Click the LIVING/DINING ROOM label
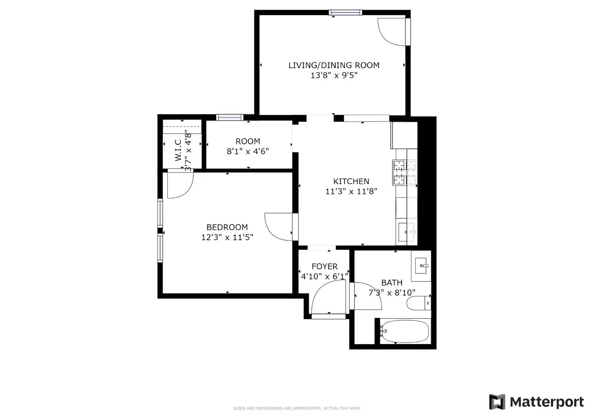[x=334, y=65]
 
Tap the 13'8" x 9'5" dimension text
[x=334, y=76]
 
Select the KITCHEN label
[x=351, y=181]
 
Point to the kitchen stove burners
[x=405, y=173]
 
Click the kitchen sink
[x=407, y=232]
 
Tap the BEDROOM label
[x=227, y=227]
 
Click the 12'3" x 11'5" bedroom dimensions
[x=227, y=237]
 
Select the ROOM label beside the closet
[x=248, y=141]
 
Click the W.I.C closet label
[x=178, y=150]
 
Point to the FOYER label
[x=324, y=266]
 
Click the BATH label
[x=392, y=283]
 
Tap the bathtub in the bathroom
[x=405, y=331]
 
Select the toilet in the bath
[x=418, y=303]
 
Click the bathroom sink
[x=421, y=266]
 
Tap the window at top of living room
[x=345, y=13]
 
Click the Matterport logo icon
[x=497, y=402]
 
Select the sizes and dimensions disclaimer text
[x=297, y=408]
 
